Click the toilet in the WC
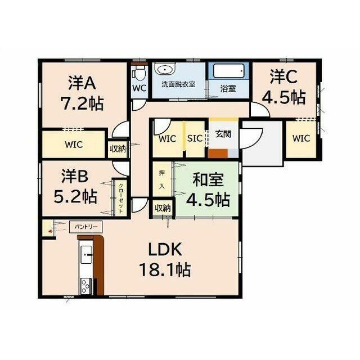(139, 73)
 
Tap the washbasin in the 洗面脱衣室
(164, 69)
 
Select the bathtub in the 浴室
(228, 71)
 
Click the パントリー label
(86, 227)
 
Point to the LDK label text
(165, 249)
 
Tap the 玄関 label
(223, 134)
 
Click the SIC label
(195, 138)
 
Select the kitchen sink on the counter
(86, 254)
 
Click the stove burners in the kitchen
(86, 286)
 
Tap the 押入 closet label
(162, 179)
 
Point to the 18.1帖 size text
(165, 269)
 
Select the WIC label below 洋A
(74, 145)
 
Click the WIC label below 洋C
(301, 138)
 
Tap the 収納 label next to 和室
(163, 208)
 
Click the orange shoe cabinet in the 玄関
(218, 154)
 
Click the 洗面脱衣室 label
(178, 84)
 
